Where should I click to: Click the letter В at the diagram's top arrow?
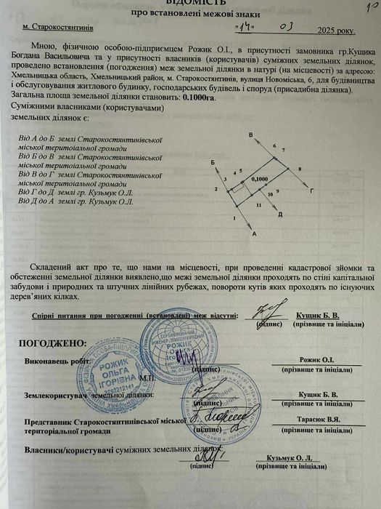250,136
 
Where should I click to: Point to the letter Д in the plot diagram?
279,215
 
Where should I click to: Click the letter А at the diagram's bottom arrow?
255,234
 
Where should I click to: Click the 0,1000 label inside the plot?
258,178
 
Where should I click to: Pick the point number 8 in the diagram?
299,168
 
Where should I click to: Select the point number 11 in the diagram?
258,206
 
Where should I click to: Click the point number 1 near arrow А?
235,217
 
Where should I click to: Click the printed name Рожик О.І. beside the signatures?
317,360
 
